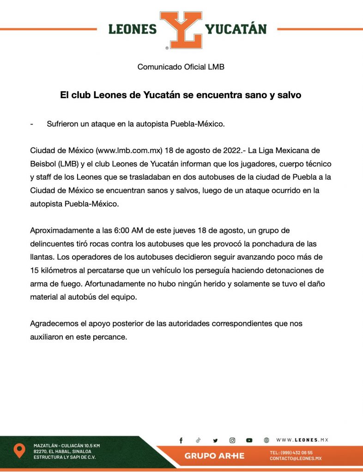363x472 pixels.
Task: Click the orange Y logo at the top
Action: (181, 29)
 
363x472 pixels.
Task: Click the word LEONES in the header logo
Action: (133, 29)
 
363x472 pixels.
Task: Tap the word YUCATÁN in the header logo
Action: (236, 29)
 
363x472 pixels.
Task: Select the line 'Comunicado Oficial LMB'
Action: (181, 67)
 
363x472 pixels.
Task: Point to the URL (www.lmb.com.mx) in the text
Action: (128, 151)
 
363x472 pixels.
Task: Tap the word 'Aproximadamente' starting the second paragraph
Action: (58, 230)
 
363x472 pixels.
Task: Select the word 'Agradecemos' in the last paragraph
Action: (52, 324)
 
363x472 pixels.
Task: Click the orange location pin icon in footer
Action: (19, 450)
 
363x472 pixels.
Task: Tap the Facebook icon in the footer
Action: (181, 441)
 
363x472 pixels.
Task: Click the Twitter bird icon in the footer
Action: (215, 441)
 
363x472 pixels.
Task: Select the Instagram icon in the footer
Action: (232, 441)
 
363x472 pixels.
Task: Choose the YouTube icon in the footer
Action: (249, 441)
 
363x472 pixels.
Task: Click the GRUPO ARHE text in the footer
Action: (214, 456)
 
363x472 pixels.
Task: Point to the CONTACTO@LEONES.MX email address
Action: (296, 459)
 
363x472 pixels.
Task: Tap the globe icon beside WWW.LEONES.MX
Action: (266, 441)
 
